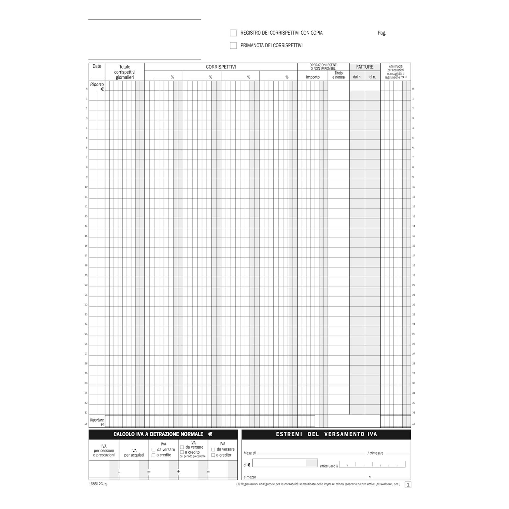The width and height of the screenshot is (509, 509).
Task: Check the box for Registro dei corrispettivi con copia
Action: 233,33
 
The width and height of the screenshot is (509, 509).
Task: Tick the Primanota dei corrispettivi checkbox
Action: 233,46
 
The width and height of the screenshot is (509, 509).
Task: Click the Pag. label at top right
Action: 382,33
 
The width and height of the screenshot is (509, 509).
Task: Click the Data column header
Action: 97,66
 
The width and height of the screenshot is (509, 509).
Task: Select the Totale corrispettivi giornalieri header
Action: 125,72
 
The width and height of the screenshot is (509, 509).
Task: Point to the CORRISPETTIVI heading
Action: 221,67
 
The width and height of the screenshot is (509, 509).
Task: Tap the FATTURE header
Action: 365,67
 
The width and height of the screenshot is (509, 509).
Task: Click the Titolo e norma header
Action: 338,75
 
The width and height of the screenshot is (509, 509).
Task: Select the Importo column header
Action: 313,77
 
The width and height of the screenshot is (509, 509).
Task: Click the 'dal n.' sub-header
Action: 357,77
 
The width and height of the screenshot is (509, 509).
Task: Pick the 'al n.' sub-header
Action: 373,77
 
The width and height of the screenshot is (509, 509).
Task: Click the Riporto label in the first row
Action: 97,84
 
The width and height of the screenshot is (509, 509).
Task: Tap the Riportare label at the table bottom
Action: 97,420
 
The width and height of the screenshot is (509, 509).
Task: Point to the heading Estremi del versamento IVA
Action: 327,434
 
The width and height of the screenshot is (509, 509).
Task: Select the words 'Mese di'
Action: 249,453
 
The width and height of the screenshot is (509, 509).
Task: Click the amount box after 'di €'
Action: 285,463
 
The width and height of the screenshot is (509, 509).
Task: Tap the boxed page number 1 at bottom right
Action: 408,485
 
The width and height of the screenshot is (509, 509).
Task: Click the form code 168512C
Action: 96,484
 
